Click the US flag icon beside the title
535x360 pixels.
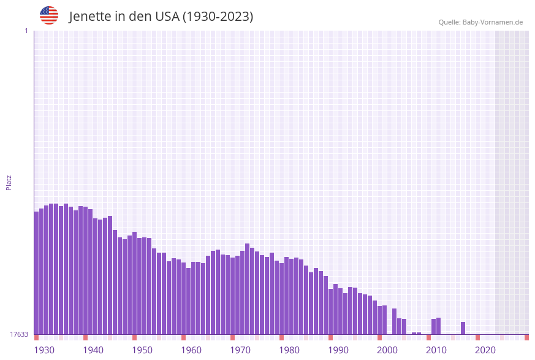click(x=49, y=15)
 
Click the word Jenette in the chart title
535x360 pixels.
click(x=89, y=17)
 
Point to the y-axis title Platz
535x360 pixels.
click(x=9, y=182)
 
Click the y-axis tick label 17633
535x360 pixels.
click(x=19, y=334)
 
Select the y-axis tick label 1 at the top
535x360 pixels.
click(x=26, y=31)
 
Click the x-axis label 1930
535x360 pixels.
click(x=44, y=350)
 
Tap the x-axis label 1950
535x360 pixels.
click(x=142, y=350)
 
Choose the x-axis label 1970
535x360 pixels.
click(x=240, y=350)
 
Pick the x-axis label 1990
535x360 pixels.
click(x=338, y=350)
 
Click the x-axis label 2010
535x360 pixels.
click(x=436, y=350)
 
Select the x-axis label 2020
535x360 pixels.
click(x=485, y=350)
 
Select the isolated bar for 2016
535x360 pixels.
click(x=463, y=328)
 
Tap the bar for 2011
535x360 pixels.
click(x=439, y=326)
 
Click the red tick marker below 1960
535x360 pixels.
click(x=184, y=337)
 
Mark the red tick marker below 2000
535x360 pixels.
click(x=380, y=337)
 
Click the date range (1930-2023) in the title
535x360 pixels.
click(x=218, y=17)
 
